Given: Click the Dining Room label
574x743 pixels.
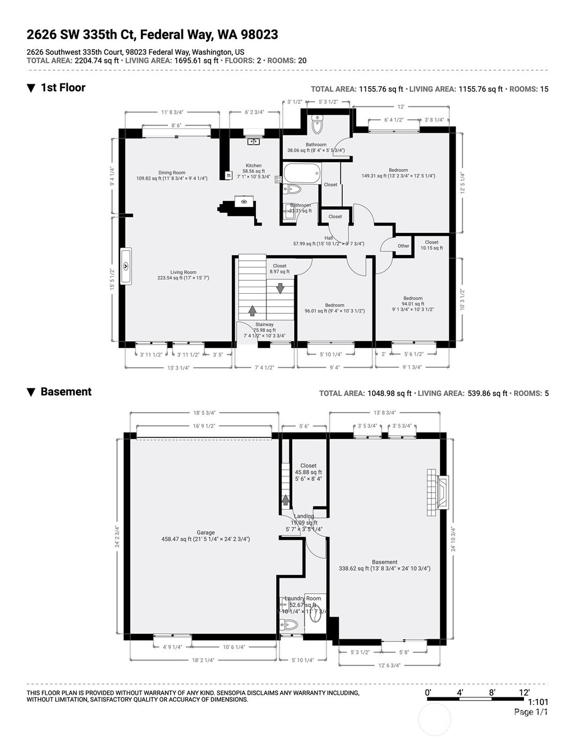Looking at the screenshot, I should tap(171, 173).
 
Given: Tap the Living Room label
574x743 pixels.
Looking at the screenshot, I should tap(183, 272).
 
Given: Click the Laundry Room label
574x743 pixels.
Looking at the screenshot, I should tap(302, 598).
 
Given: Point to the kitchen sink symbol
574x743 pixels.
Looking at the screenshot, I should tap(253, 141).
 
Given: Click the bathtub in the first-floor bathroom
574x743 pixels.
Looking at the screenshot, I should tap(302, 172).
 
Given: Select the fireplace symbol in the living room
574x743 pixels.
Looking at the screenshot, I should tap(126, 266).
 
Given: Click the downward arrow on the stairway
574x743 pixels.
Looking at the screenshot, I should tap(280, 288).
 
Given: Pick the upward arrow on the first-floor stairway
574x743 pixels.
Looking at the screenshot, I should tap(252, 310).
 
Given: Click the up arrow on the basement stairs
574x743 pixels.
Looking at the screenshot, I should tap(285, 500).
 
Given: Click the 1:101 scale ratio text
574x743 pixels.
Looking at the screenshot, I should tap(537, 702).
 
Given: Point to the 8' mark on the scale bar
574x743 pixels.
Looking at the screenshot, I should tap(492, 692).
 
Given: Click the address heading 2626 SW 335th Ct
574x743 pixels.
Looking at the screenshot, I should tap(152, 35).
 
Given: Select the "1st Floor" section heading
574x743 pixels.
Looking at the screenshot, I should tap(62, 88).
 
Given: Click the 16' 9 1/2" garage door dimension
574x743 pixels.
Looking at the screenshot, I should tap(204, 426).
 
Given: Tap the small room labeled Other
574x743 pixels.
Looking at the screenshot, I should tap(403, 246).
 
